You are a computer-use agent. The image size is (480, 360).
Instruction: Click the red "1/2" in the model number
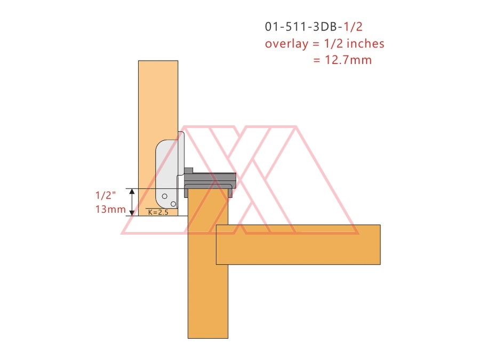click(x=353, y=27)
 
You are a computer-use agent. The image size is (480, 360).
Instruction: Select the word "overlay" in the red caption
click(x=286, y=44)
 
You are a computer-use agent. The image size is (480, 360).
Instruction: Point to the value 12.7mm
click(x=348, y=60)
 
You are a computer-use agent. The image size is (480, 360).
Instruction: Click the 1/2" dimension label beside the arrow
click(x=106, y=195)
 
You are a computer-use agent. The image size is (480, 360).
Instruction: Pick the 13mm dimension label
click(x=110, y=210)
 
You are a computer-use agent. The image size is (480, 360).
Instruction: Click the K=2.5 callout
click(x=158, y=212)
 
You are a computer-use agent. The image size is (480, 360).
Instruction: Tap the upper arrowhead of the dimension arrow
click(x=132, y=191)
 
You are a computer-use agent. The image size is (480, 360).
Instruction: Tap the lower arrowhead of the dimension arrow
click(x=132, y=213)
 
